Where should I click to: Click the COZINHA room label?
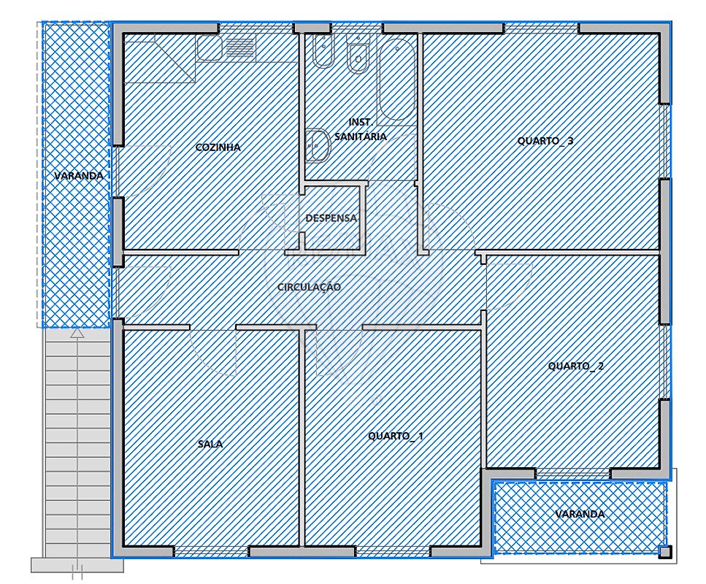tap(218, 147)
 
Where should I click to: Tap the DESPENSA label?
tap(331, 218)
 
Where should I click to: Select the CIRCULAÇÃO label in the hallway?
tap(309, 287)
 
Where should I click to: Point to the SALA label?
tap(210, 444)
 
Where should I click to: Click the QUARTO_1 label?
tap(395, 436)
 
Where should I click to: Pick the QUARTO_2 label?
tap(576, 366)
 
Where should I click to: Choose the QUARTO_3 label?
tap(545, 141)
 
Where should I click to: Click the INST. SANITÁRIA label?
tap(360, 129)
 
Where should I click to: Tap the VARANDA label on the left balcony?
tap(79, 176)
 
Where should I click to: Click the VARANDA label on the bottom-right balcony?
tap(580, 514)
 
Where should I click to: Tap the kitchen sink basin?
tap(210, 49)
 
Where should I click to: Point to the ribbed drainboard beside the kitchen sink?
tap(240, 47)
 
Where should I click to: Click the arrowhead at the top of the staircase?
tap(78, 333)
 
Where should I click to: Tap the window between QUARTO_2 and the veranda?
tap(572, 473)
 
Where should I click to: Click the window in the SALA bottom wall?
tap(211, 552)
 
